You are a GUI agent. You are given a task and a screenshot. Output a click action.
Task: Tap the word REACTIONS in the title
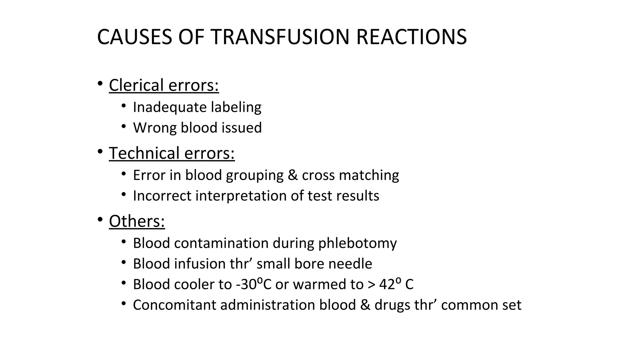pyautogui.click(x=411, y=37)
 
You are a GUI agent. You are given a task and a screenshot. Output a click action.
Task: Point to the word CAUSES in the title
pyautogui.click(x=134, y=37)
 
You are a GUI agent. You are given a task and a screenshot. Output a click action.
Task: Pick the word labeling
pyautogui.click(x=236, y=107)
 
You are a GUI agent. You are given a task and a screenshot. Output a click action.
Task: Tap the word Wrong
pyautogui.click(x=155, y=128)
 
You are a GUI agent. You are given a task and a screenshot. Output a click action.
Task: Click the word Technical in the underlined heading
pyautogui.click(x=144, y=153)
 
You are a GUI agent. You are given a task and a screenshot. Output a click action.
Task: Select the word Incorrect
pyautogui.click(x=162, y=196)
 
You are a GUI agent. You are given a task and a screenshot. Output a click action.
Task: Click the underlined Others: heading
pyautogui.click(x=137, y=221)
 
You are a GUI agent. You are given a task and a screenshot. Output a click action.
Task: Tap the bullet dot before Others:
pyautogui.click(x=100, y=220)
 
